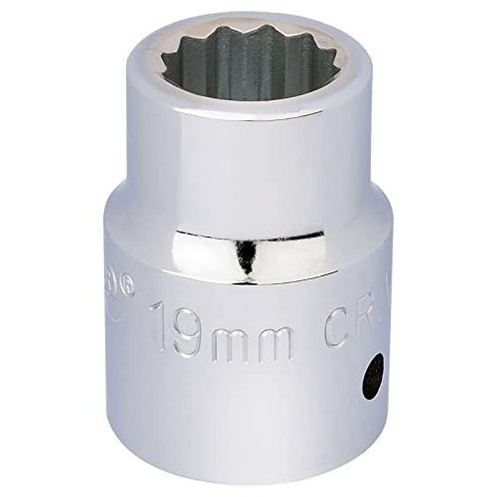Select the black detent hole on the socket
pyautogui.click(x=372, y=376)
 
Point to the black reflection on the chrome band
pyautogui.click(x=245, y=256)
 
